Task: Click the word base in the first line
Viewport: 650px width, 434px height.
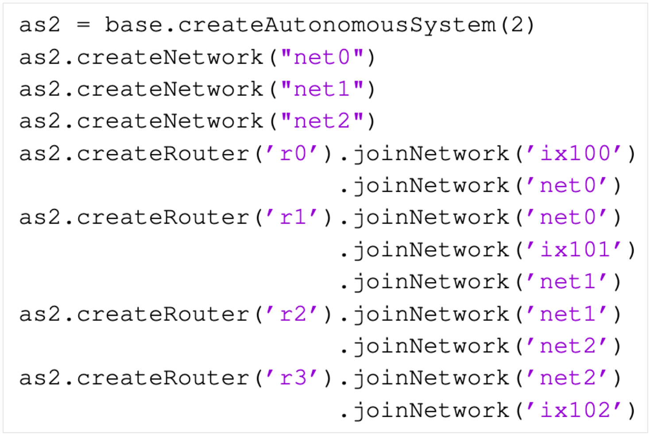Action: pyautogui.click(x=133, y=25)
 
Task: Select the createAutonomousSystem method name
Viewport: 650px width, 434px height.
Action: pyautogui.click(x=337, y=25)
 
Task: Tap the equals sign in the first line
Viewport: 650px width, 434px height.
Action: pyautogui.click(x=83, y=25)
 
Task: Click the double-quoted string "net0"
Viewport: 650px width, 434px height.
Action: pyautogui.click(x=322, y=57)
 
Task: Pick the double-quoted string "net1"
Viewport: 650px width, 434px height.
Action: pyautogui.click(x=322, y=89)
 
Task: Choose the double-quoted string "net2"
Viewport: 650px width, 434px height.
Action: pyautogui.click(x=322, y=121)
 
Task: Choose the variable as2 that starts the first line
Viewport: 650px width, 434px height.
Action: pyautogui.click(x=39, y=25)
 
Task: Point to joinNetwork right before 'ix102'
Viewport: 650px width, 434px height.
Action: pyautogui.click(x=431, y=411)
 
